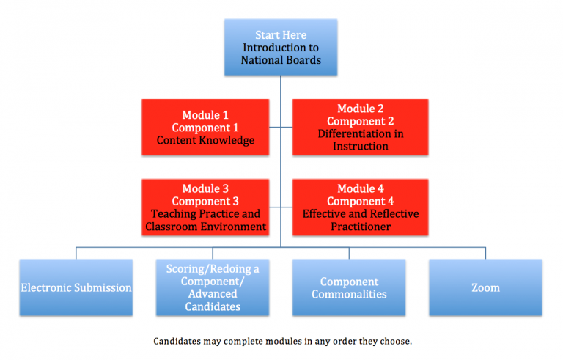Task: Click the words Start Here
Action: click(281, 35)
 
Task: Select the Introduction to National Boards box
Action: click(281, 48)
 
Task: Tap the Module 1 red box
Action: click(205, 127)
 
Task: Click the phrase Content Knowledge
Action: click(205, 140)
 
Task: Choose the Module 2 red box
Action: click(361, 127)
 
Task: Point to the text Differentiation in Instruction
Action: click(361, 140)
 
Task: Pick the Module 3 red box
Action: click(205, 207)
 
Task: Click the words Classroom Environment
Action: click(205, 227)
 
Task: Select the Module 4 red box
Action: click(361, 207)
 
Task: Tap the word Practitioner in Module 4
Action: click(361, 227)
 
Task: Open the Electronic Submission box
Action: click(76, 287)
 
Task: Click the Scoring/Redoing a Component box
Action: click(213, 287)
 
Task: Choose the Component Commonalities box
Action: click(349, 287)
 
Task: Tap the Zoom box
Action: click(485, 287)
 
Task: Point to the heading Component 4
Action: click(361, 201)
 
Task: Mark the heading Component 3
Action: click(205, 201)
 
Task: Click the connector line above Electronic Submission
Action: click(76, 253)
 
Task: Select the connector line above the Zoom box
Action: click(485, 253)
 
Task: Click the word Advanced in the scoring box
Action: click(213, 294)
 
